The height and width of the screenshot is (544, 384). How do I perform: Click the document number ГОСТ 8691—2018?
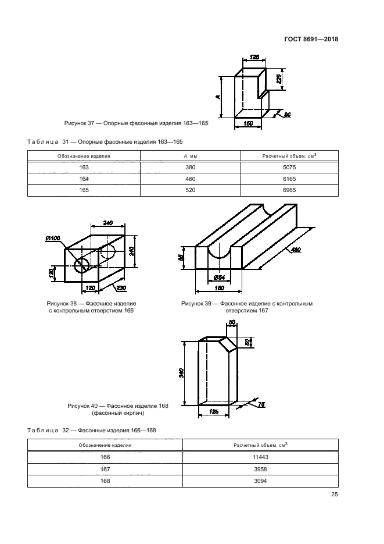click(311, 39)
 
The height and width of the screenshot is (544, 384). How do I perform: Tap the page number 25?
click(334, 495)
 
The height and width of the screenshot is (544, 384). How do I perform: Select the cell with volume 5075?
click(289, 167)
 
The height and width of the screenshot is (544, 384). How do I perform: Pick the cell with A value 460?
click(191, 179)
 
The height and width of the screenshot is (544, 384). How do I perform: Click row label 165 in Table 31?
click(84, 190)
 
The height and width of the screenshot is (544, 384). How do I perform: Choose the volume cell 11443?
click(260, 457)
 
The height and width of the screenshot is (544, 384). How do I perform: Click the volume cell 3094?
click(260, 481)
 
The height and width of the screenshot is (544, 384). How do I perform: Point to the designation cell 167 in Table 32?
click(105, 469)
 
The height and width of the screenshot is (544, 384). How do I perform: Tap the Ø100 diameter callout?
click(53, 238)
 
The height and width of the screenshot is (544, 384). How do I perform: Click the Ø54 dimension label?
click(220, 278)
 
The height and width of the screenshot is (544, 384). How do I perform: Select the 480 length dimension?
click(296, 250)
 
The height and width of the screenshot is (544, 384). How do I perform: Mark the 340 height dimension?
click(181, 373)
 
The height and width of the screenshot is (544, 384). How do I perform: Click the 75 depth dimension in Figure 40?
click(261, 404)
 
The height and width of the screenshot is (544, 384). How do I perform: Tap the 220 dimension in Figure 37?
click(279, 79)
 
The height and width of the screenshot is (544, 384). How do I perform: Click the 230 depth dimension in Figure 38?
click(121, 288)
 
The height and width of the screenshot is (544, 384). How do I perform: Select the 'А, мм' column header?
click(191, 156)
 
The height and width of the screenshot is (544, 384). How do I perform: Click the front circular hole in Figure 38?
click(82, 265)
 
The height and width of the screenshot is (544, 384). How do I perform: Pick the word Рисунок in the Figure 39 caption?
click(192, 304)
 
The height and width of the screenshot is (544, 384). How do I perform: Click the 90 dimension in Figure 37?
click(288, 115)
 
